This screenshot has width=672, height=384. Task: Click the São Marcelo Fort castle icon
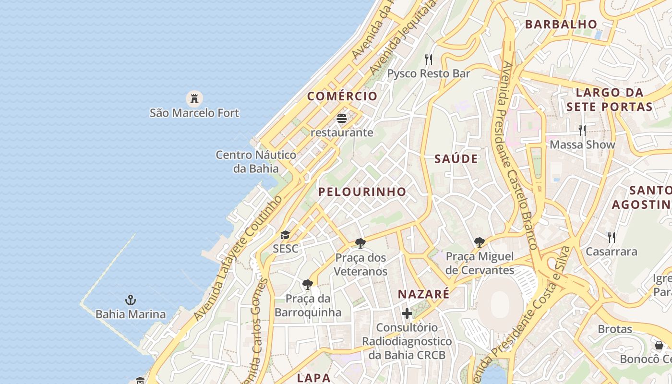(x=194, y=99)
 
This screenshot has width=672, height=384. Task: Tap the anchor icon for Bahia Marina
(x=131, y=300)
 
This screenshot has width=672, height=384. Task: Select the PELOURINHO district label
(x=362, y=192)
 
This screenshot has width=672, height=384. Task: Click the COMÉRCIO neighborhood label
(x=342, y=96)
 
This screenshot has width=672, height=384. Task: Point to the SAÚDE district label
(x=456, y=159)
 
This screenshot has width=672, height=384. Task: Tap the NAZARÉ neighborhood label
(x=424, y=294)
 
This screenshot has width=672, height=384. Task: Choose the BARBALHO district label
(x=561, y=24)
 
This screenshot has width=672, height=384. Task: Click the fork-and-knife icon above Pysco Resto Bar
(x=429, y=60)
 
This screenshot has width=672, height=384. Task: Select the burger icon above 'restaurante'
(x=342, y=118)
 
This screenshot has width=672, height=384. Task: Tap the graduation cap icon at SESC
(x=286, y=235)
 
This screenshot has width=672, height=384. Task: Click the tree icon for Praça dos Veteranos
(x=360, y=243)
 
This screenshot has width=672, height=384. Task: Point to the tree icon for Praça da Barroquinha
(x=308, y=285)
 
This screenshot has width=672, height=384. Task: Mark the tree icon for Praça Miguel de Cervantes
(x=479, y=242)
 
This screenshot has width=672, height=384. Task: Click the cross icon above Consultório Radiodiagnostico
(x=407, y=314)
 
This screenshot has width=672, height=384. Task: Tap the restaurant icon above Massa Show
(x=582, y=130)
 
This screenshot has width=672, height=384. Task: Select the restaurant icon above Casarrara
(x=612, y=237)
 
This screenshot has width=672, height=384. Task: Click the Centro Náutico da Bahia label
(x=256, y=161)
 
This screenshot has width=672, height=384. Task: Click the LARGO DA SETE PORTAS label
(x=609, y=99)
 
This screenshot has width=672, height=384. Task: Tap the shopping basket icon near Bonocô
(x=659, y=345)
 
